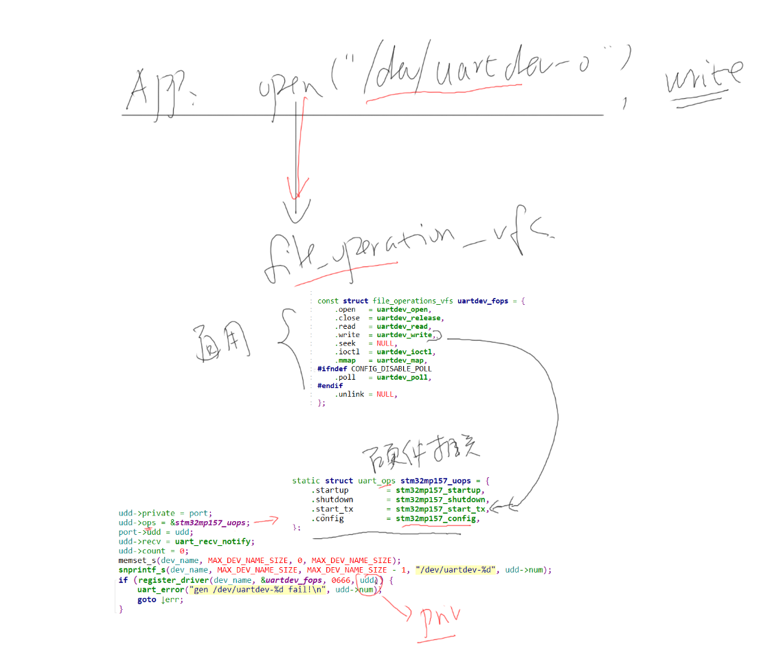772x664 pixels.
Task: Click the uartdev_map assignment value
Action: (401, 360)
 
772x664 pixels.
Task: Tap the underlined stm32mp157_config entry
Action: (435, 518)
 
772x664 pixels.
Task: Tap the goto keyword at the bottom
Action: (146, 599)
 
